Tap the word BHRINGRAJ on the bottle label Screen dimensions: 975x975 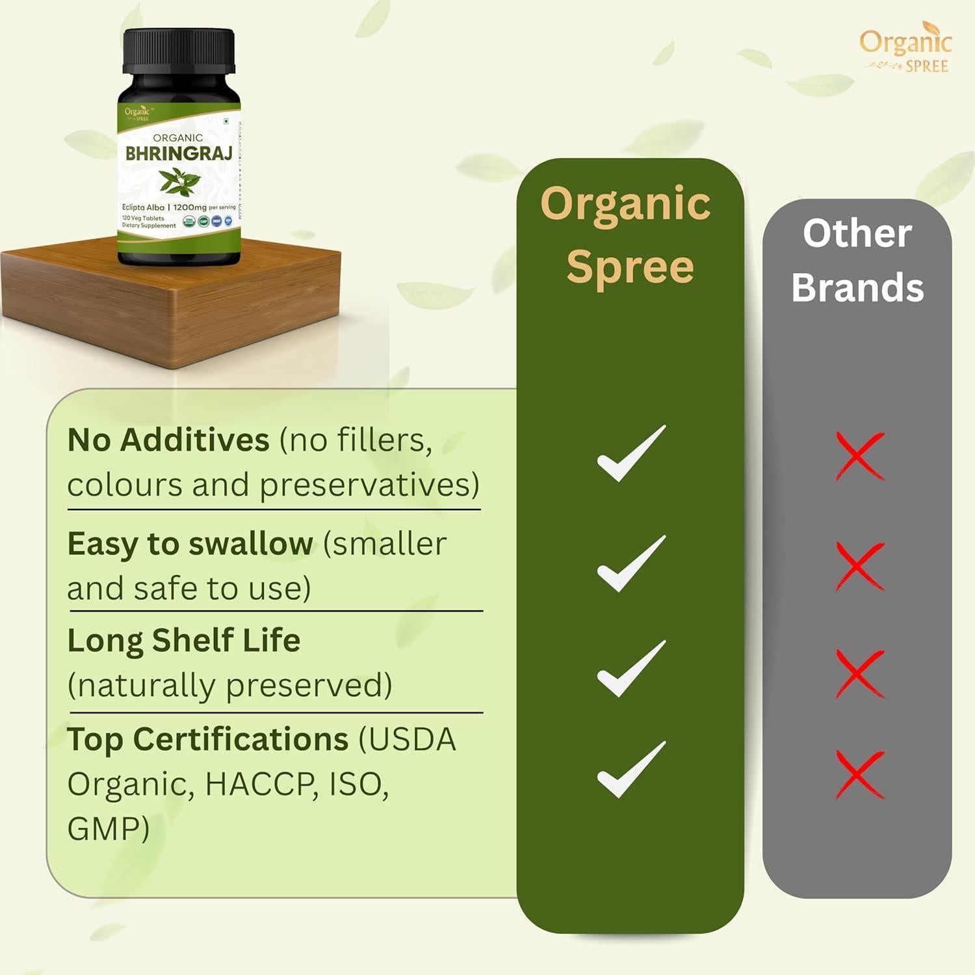click(x=178, y=154)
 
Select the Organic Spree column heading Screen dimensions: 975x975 click(x=628, y=234)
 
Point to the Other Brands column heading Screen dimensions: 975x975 click(x=857, y=260)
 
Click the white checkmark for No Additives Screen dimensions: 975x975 click(x=631, y=454)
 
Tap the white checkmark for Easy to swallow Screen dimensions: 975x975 click(x=631, y=564)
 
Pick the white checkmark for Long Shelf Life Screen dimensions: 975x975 click(x=631, y=669)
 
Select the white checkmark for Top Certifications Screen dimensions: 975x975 click(x=631, y=770)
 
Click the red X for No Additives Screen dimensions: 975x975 click(x=859, y=456)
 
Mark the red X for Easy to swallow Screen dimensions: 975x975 click(x=859, y=565)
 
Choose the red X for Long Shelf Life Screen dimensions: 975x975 click(x=859, y=673)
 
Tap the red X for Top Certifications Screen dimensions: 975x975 click(x=859, y=774)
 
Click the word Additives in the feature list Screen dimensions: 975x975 click(x=195, y=440)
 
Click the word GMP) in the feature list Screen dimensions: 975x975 click(x=108, y=829)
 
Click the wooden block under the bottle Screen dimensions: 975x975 click(x=170, y=305)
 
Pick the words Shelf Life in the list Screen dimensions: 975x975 click(x=226, y=641)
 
